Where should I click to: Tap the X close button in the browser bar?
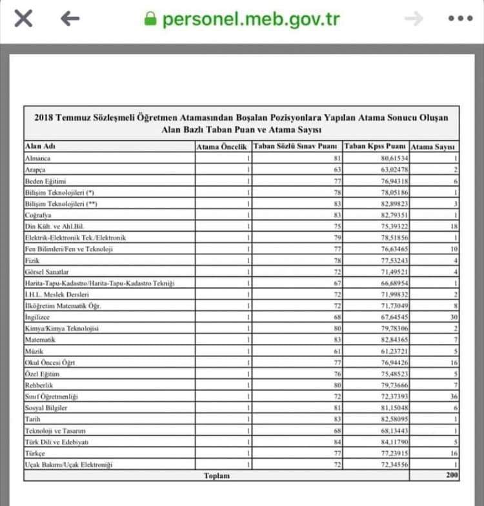pos(23,19)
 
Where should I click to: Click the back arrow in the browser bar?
pos(70,19)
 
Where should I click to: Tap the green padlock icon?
pos(150,19)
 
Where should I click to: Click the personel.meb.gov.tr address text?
pos(252,19)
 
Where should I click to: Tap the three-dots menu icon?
pos(460,19)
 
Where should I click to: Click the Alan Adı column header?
pos(40,147)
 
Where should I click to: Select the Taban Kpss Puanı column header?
pos(375,147)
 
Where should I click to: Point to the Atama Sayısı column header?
pos(434,147)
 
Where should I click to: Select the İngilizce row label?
pos(38,318)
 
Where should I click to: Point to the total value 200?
pos(451,476)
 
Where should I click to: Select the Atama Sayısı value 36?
pos(453,396)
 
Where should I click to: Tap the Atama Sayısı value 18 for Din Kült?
pos(453,227)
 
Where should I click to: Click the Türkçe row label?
pos(35,453)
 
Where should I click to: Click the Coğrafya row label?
pos(38,215)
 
